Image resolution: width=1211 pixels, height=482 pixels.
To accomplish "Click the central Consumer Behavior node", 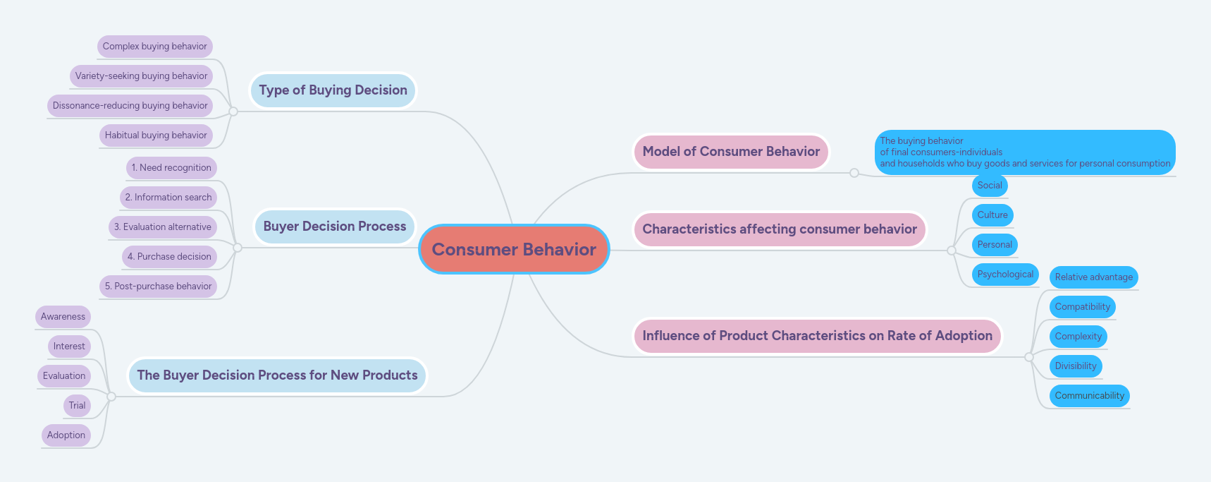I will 514,249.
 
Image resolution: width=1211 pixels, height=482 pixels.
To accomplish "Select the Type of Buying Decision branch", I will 333,90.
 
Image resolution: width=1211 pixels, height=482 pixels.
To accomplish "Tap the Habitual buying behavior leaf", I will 156,135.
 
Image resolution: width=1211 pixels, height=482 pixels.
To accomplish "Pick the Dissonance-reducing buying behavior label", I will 130,106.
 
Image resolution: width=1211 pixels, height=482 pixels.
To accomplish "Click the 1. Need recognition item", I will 171,168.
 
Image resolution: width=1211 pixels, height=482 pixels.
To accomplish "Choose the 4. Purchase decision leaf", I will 169,257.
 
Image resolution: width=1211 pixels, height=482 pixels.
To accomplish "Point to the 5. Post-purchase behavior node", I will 158,287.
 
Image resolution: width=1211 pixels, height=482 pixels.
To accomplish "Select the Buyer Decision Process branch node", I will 334,227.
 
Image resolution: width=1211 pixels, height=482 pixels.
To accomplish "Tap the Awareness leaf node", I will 63,317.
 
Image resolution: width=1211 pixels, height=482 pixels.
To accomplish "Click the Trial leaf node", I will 77,406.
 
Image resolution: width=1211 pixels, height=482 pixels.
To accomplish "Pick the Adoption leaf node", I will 66,435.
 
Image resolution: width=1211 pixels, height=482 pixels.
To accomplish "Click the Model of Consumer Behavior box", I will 731,152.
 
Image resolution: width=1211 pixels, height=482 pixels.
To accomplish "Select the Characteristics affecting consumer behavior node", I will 779,229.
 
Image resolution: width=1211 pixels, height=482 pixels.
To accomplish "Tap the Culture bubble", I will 992,215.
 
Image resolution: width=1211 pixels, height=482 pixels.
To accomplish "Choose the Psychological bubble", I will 1005,275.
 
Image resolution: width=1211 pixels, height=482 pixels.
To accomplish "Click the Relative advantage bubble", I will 1093,277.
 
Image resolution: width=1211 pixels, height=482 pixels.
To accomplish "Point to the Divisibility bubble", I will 1076,366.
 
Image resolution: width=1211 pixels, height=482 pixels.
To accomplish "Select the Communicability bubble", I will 1089,396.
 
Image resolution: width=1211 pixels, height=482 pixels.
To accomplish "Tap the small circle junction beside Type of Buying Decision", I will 233,112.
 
